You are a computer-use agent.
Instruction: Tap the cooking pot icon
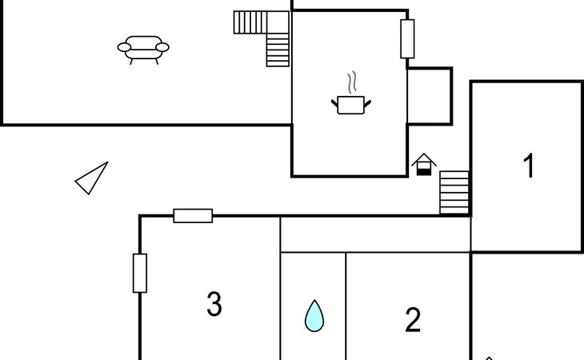tap(351, 105)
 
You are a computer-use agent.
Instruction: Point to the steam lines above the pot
tap(352, 82)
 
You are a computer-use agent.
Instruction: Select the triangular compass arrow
tap(92, 178)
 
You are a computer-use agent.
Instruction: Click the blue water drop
tap(314, 316)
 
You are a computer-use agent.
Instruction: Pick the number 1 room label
tap(529, 166)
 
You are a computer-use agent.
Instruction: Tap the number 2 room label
tap(413, 319)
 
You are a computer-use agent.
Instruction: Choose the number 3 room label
tap(214, 304)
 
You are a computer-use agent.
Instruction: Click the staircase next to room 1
tap(454, 193)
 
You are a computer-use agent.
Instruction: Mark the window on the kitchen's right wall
tap(407, 39)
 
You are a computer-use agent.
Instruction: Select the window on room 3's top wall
tap(193, 216)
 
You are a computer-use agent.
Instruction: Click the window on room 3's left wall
tap(140, 274)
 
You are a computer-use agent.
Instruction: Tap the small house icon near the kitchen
tap(424, 164)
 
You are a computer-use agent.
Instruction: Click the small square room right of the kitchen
tap(430, 96)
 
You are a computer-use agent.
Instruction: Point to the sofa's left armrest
tap(124, 47)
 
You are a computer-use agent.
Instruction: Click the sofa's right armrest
tap(162, 47)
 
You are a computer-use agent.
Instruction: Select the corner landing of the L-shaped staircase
tap(278, 22)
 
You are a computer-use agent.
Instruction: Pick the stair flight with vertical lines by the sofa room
tap(250, 22)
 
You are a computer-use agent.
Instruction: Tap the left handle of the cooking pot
tap(334, 103)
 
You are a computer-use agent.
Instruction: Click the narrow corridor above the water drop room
tap(375, 234)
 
